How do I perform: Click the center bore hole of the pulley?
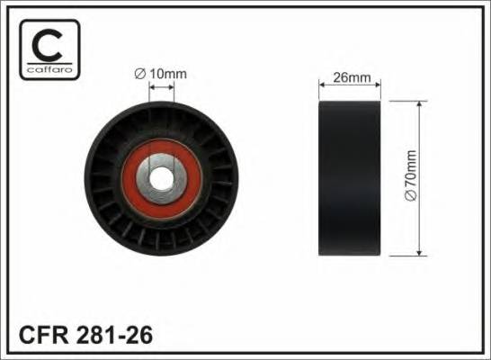pos(164,177)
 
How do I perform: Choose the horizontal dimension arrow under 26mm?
pos(352,87)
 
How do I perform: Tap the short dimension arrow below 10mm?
pos(163,86)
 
